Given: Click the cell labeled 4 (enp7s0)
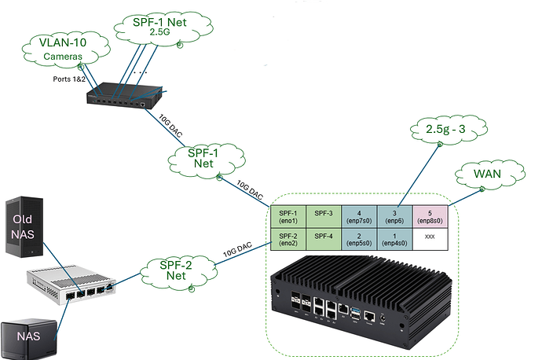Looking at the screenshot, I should pyautogui.click(x=358, y=216).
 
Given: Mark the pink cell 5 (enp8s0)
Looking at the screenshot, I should pyautogui.click(x=430, y=216).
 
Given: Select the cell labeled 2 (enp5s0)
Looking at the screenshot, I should pyautogui.click(x=358, y=240).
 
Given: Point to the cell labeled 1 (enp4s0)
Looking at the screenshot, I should pyautogui.click(x=394, y=240).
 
